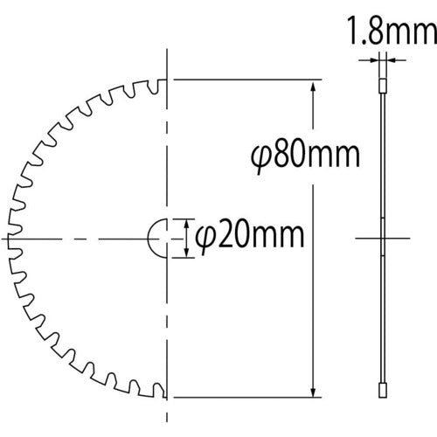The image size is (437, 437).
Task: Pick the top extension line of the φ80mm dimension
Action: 245,80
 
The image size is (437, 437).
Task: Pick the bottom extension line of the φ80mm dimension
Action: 245,395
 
